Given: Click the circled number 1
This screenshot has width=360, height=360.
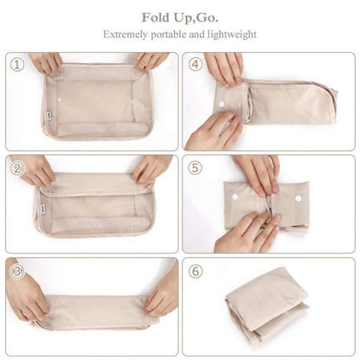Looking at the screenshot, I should pyautogui.click(x=16, y=63).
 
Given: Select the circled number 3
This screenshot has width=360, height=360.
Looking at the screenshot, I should pyautogui.click(x=16, y=269).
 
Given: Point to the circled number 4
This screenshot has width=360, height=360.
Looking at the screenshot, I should pyautogui.click(x=196, y=63).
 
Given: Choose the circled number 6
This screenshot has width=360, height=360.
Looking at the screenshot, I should pyautogui.click(x=196, y=269).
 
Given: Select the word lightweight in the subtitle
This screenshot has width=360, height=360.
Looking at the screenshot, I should pyautogui.click(x=228, y=35).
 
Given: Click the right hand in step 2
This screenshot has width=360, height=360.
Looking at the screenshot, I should pyautogui.click(x=151, y=168).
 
